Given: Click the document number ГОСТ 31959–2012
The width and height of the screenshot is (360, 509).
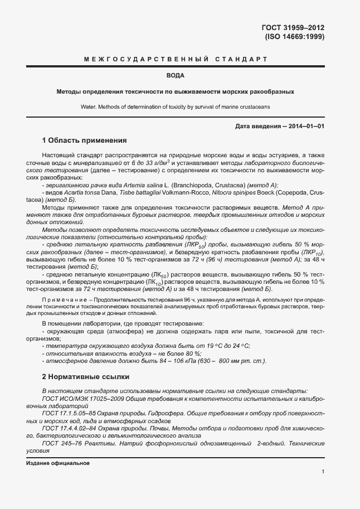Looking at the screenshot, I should coord(293,27).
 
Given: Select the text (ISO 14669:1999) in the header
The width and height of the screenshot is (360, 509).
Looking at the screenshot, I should coord(294,37).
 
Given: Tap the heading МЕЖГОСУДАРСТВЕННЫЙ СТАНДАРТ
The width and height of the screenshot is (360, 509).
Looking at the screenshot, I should coord(176,59).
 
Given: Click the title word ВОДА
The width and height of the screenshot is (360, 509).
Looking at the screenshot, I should coord(176,75).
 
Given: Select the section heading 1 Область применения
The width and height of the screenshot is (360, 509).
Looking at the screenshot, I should coord(85,140).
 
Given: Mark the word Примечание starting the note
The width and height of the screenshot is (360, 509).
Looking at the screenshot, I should coord(62,300).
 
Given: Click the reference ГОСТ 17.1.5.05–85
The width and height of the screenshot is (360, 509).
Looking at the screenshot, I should coord(70,413).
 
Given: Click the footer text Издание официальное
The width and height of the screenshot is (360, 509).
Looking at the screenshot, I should coord(58,463).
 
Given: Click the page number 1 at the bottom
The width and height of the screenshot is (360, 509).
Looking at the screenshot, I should coord(323,472).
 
